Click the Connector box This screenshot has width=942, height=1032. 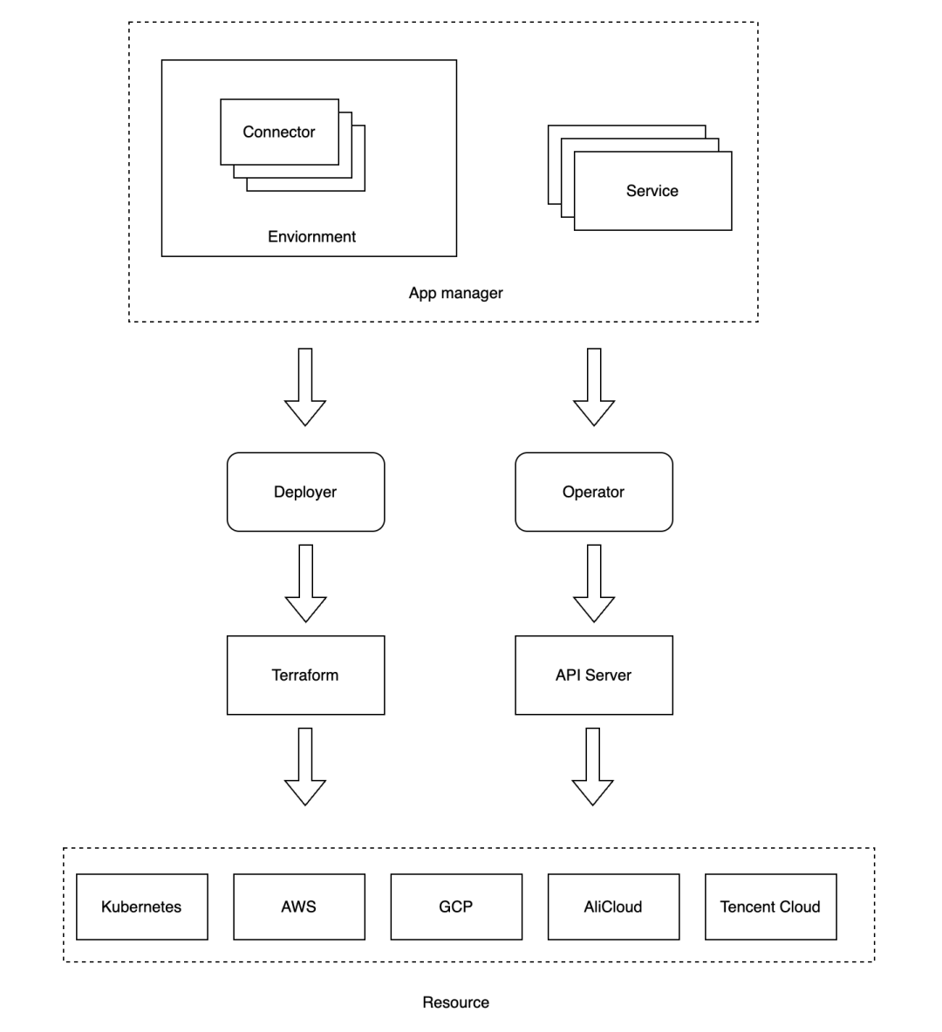pos(279,132)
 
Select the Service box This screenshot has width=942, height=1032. pos(652,191)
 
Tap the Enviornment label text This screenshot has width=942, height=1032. pos(311,236)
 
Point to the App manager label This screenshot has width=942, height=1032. pos(455,293)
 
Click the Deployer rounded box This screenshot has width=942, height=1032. pos(305,492)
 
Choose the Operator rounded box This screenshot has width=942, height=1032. pos(593,492)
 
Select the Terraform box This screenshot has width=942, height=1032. pos(305,675)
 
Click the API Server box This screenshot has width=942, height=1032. pos(593,675)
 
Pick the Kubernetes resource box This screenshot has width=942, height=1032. pos(141,906)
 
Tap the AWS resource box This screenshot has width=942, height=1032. pos(298,906)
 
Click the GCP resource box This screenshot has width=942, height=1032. pos(455,906)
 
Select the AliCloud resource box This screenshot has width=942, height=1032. pos(612,906)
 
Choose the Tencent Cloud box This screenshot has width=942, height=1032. pos(770,906)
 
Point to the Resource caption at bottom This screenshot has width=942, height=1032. pos(455,1002)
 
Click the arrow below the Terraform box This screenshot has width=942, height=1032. pos(305,766)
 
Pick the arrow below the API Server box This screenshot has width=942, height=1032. pos(593,766)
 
